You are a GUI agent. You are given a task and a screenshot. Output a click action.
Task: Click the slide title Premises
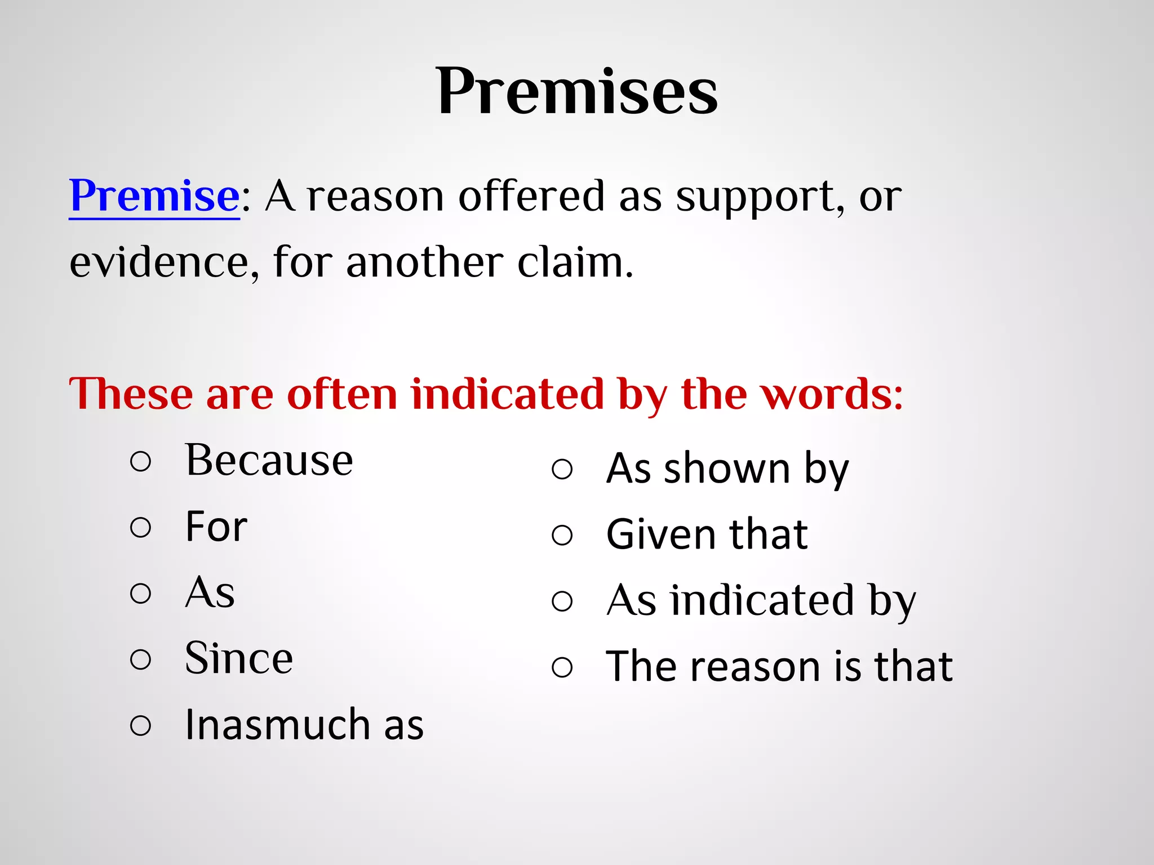tap(576, 91)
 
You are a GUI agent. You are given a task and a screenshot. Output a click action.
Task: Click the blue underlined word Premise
tap(154, 196)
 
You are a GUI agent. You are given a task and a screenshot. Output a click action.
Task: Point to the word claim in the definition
tap(575, 262)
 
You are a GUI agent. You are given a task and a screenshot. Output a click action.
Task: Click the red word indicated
tap(508, 394)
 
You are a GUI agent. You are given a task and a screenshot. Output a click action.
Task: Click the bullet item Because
tap(269, 461)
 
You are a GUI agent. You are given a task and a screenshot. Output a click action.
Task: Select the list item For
tap(216, 527)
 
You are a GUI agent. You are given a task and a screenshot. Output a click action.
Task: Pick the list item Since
tap(239, 658)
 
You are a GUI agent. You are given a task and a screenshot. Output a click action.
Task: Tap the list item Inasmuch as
tap(304, 725)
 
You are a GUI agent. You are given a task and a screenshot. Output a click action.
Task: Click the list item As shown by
tap(727, 469)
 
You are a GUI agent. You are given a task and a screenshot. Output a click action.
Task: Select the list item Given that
tap(707, 534)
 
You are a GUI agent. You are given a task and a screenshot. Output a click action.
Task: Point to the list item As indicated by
tap(761, 601)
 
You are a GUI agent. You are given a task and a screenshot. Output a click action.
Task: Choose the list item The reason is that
tap(779, 667)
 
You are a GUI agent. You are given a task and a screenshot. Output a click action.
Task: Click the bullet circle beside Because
tap(140, 462)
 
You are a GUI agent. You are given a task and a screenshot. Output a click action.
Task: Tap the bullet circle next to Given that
tap(562, 535)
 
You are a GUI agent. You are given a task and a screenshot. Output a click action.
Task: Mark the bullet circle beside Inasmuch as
tap(140, 725)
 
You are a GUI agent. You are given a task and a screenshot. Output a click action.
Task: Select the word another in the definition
tap(425, 262)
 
